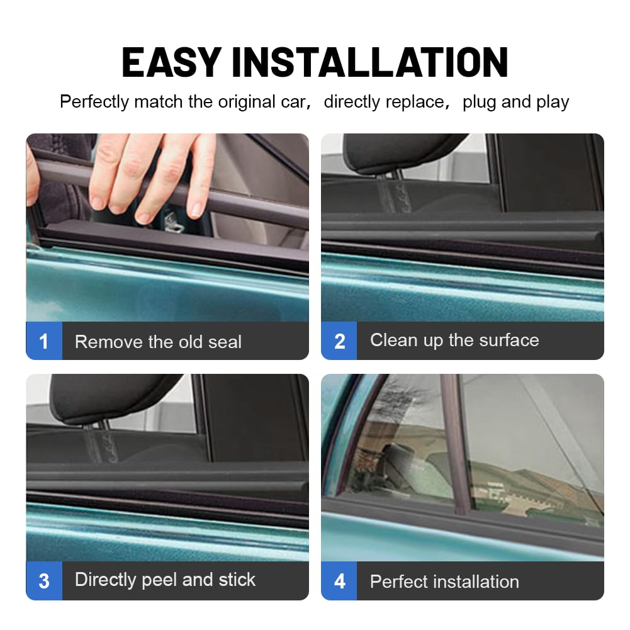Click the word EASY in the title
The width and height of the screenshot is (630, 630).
[x=172, y=62]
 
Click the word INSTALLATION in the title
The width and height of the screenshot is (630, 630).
[x=370, y=62]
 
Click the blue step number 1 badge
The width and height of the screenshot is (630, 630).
[x=44, y=340]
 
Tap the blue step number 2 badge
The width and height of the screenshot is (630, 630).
[x=339, y=340]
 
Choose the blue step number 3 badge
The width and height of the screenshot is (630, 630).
[x=44, y=580]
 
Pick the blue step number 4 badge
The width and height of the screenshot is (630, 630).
[x=339, y=580]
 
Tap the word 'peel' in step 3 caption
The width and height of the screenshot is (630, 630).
[x=159, y=580]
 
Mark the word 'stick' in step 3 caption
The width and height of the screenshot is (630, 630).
[x=237, y=580]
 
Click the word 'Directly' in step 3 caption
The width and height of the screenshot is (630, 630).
[x=105, y=580]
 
